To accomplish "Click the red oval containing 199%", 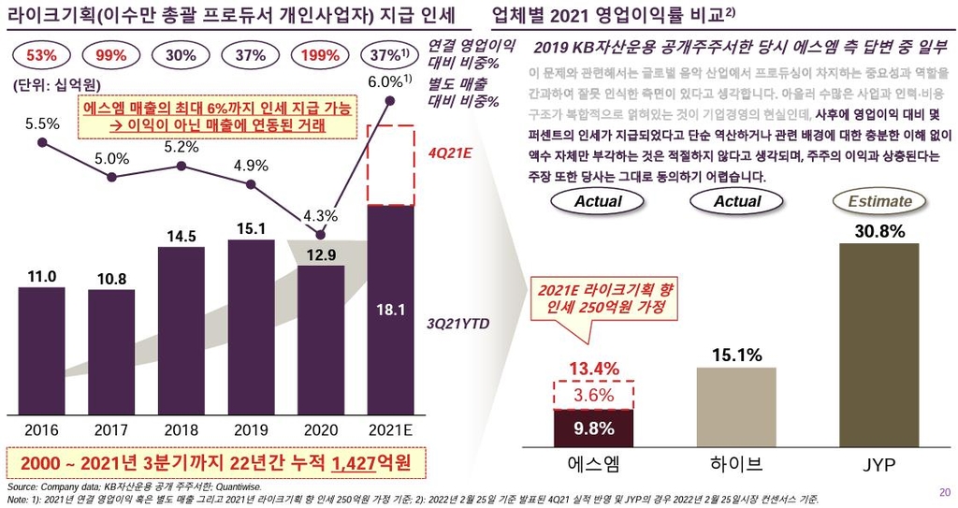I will [321, 55].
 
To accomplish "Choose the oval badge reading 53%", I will [41, 55].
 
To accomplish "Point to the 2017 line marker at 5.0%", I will [111, 178].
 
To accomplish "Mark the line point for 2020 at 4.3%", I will [321, 235].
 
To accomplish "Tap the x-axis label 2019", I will [251, 430].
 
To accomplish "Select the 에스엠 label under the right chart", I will [594, 463].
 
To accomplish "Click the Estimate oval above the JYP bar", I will [879, 201].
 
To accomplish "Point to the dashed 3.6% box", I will [593, 396].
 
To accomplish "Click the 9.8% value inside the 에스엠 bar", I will [593, 428].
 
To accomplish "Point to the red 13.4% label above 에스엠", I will [594, 368].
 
